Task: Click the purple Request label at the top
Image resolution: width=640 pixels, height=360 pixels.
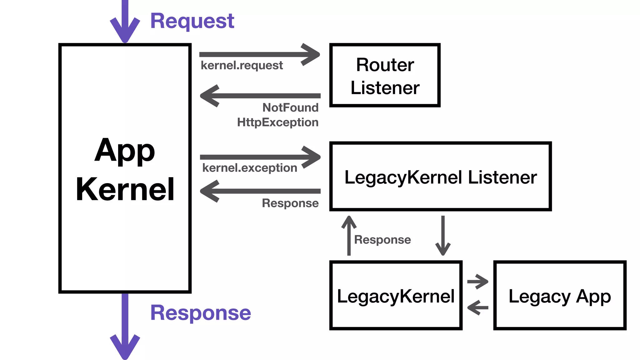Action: [192, 21]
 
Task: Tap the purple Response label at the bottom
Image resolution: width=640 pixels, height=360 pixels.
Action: [200, 313]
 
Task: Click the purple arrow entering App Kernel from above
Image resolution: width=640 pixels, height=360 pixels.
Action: [125, 22]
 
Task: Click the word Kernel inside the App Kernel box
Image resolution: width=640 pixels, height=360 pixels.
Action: [125, 189]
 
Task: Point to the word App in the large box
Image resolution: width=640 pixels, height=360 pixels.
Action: [125, 151]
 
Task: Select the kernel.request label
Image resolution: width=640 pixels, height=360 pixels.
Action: [242, 66]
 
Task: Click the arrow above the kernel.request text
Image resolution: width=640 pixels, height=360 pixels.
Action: [259, 55]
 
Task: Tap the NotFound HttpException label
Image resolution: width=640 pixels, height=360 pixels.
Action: [278, 115]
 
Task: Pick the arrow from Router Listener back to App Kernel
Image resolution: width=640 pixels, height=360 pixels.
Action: [259, 96]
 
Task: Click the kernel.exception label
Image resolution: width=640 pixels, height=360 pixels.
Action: [249, 168]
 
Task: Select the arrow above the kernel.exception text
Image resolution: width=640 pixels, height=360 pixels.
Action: [259, 157]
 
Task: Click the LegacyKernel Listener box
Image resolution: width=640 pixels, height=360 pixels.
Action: [440, 177]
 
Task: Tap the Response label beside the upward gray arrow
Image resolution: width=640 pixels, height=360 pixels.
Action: [382, 240]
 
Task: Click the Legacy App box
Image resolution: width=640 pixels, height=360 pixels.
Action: [560, 296]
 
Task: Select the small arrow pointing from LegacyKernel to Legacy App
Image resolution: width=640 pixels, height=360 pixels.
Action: [477, 282]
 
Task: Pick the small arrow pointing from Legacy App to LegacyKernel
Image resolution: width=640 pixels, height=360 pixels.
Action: [477, 307]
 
